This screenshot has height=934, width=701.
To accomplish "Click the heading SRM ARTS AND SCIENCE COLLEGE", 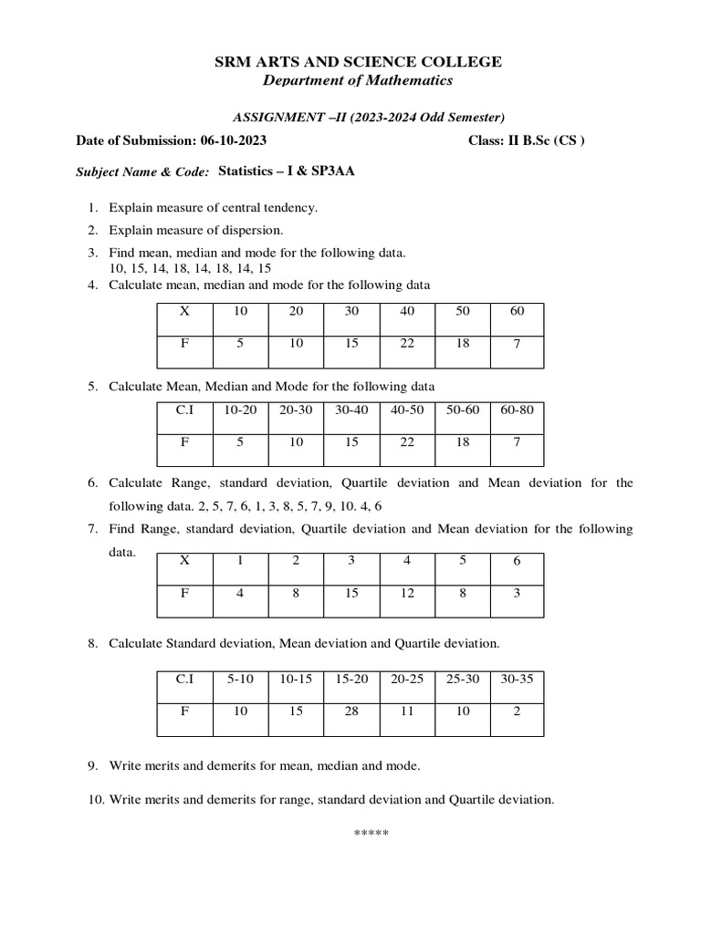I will pyautogui.click(x=358, y=62).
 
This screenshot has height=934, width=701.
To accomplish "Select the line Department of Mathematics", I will pyautogui.click(x=358, y=81).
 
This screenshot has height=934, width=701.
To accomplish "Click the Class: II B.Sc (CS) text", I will pyautogui.click(x=526, y=141).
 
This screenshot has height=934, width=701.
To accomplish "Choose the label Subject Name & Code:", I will pyautogui.click(x=141, y=171).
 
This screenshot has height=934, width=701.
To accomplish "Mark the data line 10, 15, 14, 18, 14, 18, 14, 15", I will pyautogui.click(x=190, y=268).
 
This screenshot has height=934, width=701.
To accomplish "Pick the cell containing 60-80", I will pyautogui.click(x=517, y=410).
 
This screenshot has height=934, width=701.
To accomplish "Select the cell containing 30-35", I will pyautogui.click(x=517, y=680).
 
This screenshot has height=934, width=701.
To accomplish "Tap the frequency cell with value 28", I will pyautogui.click(x=351, y=711).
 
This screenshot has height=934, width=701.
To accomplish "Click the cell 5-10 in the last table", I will pyautogui.click(x=240, y=680).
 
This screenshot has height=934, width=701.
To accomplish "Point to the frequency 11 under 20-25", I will pyautogui.click(x=407, y=711).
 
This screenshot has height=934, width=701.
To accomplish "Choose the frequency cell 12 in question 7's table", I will pyautogui.click(x=407, y=593).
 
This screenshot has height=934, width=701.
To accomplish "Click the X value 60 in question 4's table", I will pyautogui.click(x=517, y=311).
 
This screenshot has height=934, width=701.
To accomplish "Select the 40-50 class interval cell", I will pyautogui.click(x=407, y=410).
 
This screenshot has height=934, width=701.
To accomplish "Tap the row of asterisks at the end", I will pyautogui.click(x=371, y=835).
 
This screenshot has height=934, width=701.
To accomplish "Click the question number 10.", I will pyautogui.click(x=96, y=800).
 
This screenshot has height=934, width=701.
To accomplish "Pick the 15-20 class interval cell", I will pyautogui.click(x=351, y=680).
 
